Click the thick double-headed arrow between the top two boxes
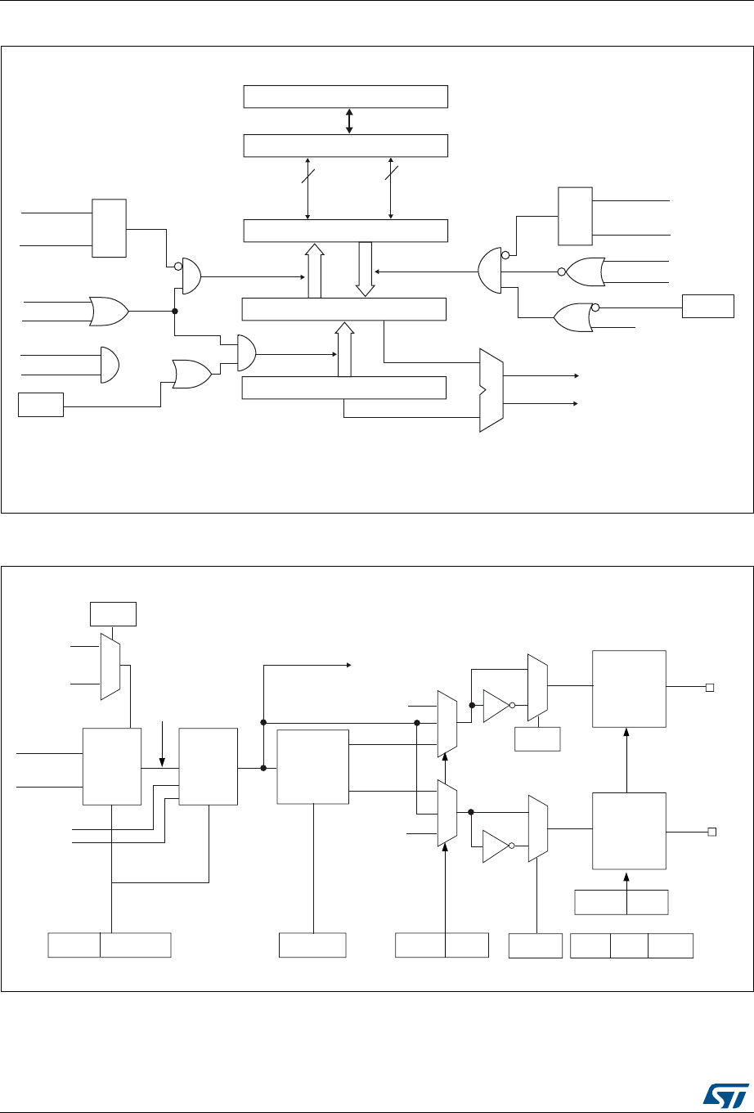coord(349,120)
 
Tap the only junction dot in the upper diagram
coord(175,311)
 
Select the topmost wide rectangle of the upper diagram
coord(346,96)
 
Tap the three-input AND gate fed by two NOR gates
coord(489,270)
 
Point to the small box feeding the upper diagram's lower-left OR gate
coord(41,405)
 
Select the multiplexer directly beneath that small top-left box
coord(110,666)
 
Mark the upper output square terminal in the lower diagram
coord(711,689)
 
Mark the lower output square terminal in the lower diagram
coord(711,832)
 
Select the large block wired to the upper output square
coord(629,689)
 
